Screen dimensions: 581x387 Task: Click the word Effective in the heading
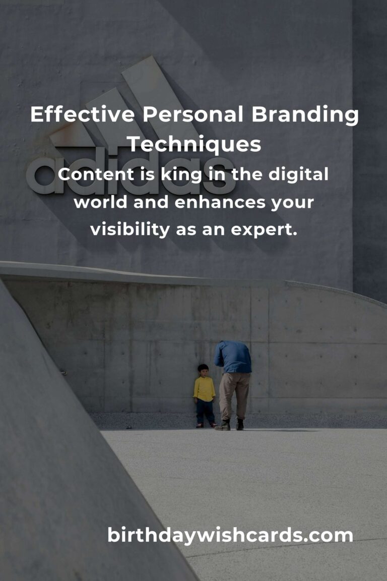pos(82,115)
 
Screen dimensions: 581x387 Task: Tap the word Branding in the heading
pos(305,115)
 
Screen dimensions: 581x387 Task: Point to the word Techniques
pos(194,144)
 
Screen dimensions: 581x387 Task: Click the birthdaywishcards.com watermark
pos(230,535)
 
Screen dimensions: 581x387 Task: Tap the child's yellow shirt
pos(204,388)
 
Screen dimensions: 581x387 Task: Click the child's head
pos(203,370)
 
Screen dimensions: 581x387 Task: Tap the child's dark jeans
pos(205,411)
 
